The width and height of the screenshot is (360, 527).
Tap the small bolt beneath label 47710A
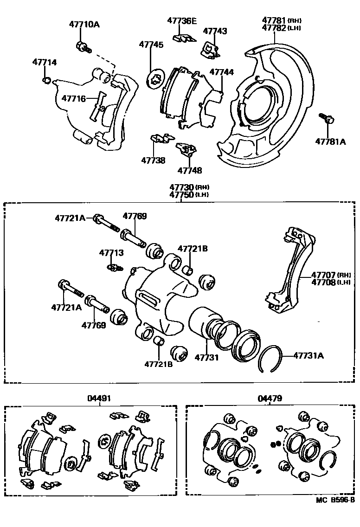pyautogui.click(x=82, y=46)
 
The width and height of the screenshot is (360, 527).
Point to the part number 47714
pyautogui.click(x=44, y=62)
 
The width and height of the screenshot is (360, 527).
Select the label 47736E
pyautogui.click(x=182, y=20)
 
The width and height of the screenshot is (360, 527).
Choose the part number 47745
pyautogui.click(x=151, y=45)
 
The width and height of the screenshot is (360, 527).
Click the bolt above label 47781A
pyautogui.click(x=326, y=119)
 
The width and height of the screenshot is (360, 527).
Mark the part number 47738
pyautogui.click(x=153, y=161)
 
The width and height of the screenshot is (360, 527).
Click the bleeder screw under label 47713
pyautogui.click(x=115, y=267)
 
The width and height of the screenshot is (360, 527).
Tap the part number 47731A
pyautogui.click(x=308, y=356)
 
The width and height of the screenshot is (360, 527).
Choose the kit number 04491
pyautogui.click(x=98, y=398)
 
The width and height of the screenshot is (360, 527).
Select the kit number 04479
pyautogui.click(x=270, y=398)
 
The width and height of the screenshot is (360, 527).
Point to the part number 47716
pyautogui.click(x=74, y=98)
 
